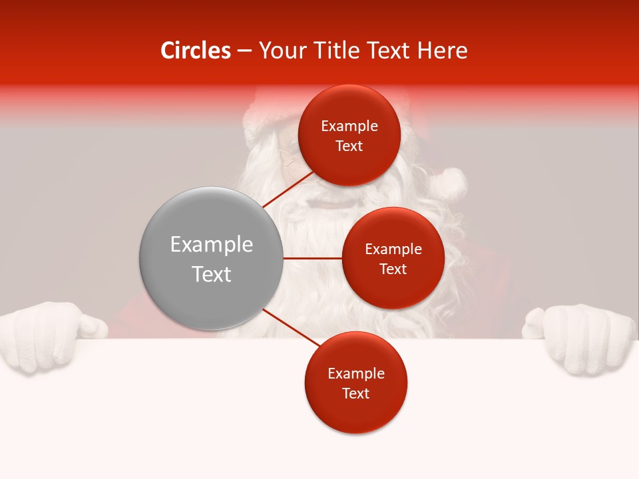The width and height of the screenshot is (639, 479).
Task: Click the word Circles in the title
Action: [x=196, y=51]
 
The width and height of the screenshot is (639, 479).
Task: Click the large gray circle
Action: [x=211, y=258]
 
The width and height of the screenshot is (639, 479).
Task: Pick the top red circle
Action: [x=349, y=135]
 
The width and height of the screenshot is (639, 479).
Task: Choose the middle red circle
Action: [x=393, y=258]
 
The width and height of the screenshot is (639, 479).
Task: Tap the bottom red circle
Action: [x=355, y=383]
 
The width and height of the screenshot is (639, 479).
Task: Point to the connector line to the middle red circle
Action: [x=312, y=258]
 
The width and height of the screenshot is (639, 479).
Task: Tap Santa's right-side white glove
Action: [x=582, y=338]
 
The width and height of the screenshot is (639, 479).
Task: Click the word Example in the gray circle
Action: [x=211, y=245]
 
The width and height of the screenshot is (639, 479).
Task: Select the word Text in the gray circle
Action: [x=211, y=274]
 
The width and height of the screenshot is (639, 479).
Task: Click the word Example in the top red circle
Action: [x=349, y=126]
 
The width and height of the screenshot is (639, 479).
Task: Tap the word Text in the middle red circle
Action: [x=393, y=269]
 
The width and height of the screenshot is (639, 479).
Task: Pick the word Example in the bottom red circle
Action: [x=355, y=374]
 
